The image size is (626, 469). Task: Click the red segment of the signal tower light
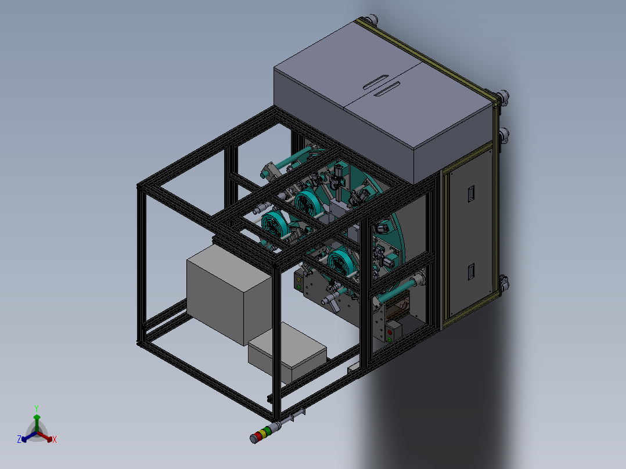tap(257, 436)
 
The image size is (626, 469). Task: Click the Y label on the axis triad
tap(37, 409)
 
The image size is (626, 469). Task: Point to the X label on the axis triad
tap(55, 439)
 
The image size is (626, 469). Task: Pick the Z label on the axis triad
tap(19, 439)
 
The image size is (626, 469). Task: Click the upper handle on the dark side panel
tap(471, 193)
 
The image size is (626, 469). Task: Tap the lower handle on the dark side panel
tap(471, 272)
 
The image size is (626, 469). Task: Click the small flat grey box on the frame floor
tap(287, 352)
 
